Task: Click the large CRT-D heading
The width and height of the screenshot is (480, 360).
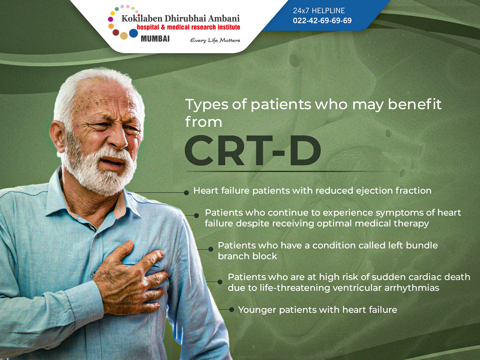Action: tap(253, 151)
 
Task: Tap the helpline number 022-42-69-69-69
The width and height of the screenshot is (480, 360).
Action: tap(322, 20)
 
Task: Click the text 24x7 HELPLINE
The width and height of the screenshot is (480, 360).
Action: tap(319, 10)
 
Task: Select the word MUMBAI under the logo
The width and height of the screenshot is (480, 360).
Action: tap(155, 39)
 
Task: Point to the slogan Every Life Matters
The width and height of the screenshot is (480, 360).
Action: tap(215, 40)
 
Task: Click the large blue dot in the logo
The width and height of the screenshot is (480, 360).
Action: tap(134, 33)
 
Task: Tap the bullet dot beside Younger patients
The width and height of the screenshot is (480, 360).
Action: tap(231, 310)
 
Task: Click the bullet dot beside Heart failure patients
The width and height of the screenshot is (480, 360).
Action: tap(186, 192)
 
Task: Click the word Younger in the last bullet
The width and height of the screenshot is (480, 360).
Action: tap(257, 310)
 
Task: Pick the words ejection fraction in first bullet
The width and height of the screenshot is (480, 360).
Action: tap(394, 191)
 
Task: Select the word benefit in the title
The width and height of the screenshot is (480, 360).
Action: tap(415, 104)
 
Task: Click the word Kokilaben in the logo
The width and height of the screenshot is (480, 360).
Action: tap(142, 18)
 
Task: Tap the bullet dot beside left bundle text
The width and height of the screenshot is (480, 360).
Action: tap(210, 249)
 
